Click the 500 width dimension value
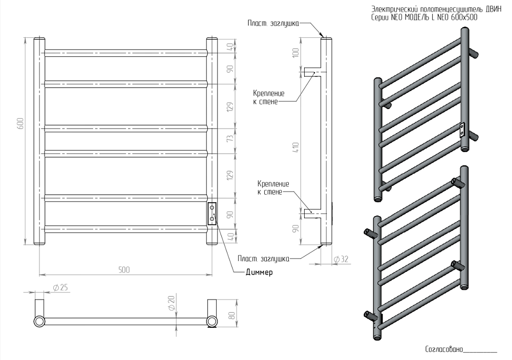pos(124,270)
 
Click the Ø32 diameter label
pos(340,259)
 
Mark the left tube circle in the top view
pos(39,321)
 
